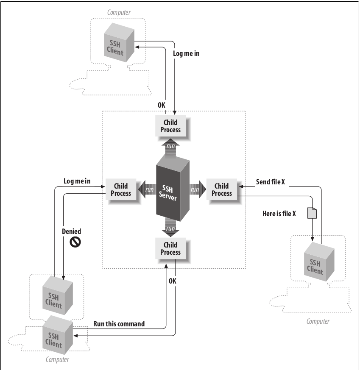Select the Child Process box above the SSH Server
[x=170, y=126]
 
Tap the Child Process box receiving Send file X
[x=221, y=189]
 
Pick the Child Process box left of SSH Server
[x=120, y=189]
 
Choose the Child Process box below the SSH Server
[x=170, y=248]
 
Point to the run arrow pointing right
[x=195, y=189]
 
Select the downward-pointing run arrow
[x=170, y=228]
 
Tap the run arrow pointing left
[x=148, y=189]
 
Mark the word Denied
[x=71, y=232]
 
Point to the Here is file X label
[x=279, y=214]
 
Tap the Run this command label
[x=119, y=324]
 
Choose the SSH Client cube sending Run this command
[x=57, y=333]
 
